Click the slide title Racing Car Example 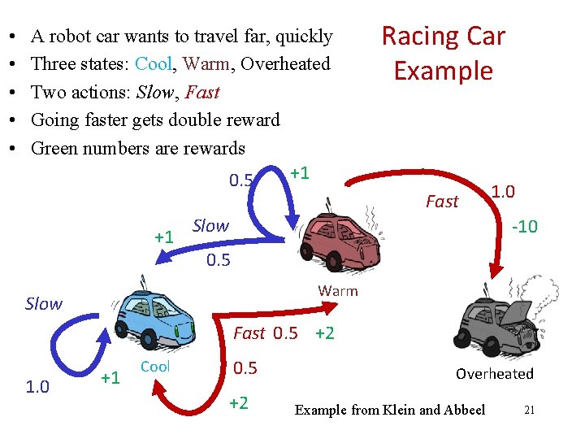[443, 53]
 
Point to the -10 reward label [524, 226]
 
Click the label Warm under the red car [337, 291]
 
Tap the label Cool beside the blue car [155, 367]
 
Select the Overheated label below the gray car [494, 374]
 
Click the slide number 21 [529, 410]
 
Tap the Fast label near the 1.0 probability [442, 202]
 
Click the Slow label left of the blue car [43, 304]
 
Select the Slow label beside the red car [210, 225]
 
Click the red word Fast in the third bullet [202, 92]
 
